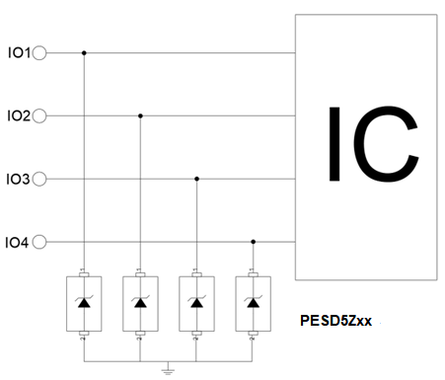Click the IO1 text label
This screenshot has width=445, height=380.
[19, 53]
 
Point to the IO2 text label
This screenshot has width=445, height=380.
[19, 116]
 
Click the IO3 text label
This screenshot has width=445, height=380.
[18, 180]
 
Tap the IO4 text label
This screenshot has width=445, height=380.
[17, 243]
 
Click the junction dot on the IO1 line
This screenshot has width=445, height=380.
[84, 53]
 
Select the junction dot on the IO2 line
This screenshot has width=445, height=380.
[140, 115]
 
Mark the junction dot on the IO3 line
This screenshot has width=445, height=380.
[196, 179]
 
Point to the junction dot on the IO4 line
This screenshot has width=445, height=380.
[253, 242]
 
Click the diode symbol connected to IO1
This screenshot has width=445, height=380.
[84, 302]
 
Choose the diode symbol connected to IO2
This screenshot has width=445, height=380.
[140, 302]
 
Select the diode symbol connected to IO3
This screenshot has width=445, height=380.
[196, 302]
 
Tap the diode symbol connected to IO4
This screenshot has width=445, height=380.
[253, 302]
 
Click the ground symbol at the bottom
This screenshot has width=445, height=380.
[168, 371]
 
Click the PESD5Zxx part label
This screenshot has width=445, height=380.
[335, 321]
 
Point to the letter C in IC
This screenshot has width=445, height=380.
[387, 144]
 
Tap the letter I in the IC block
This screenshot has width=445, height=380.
[334, 144]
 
